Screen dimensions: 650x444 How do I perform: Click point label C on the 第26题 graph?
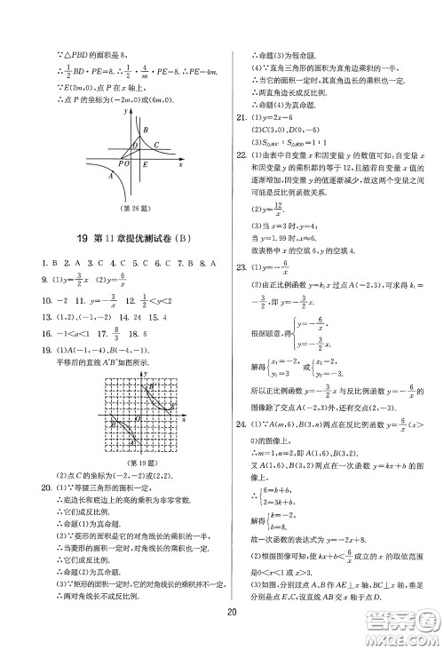point(155,146)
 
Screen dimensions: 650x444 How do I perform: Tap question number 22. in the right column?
point(240,155)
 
